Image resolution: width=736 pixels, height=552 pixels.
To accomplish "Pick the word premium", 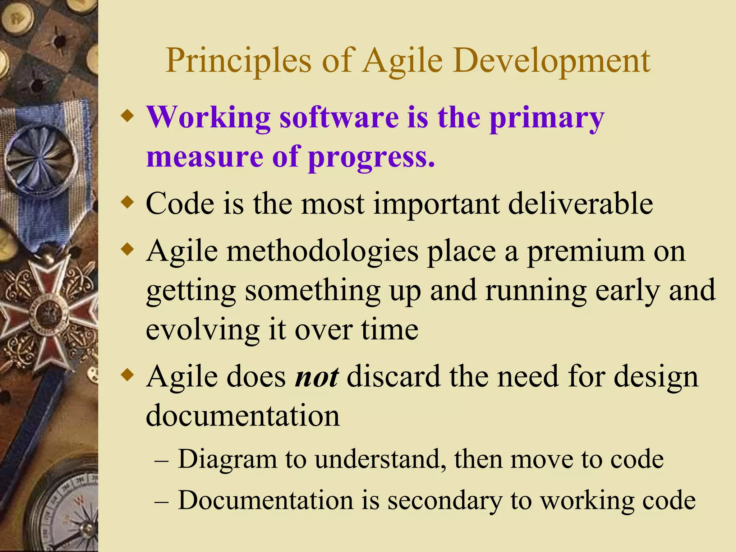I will [586, 252].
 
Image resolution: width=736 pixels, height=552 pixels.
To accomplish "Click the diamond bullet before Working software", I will [127, 117].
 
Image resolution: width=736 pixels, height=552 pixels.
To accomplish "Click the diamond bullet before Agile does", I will [127, 376].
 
